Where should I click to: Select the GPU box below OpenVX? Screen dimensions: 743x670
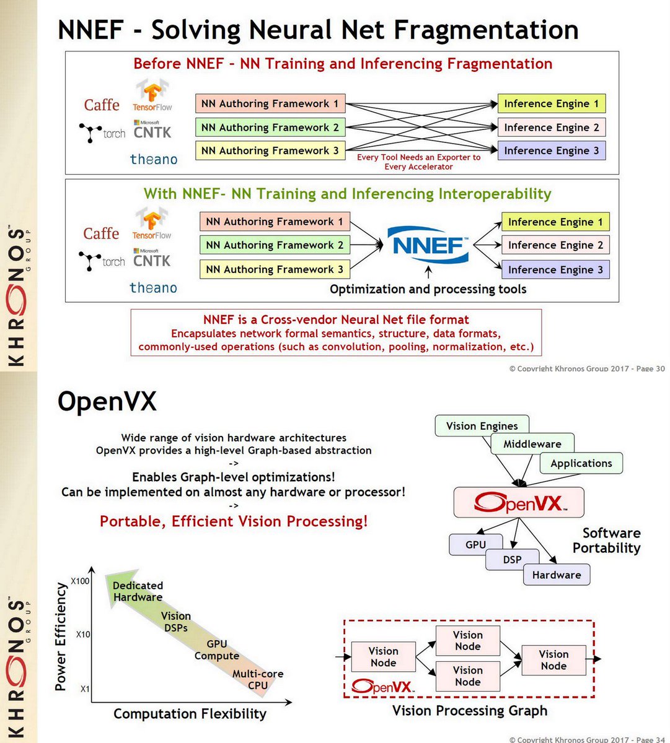(x=475, y=545)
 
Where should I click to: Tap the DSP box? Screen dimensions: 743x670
(x=512, y=560)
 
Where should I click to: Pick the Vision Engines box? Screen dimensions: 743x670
(x=482, y=426)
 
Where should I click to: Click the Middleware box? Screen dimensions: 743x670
(x=532, y=444)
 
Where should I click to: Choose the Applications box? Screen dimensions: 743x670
(x=581, y=463)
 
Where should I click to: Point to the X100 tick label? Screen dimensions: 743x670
(x=80, y=581)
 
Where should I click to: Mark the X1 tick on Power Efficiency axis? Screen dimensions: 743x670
(x=85, y=689)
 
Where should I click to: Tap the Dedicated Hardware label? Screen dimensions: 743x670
(x=138, y=591)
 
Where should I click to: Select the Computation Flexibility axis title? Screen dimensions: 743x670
(x=190, y=714)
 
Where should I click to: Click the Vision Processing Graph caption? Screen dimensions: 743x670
(x=470, y=711)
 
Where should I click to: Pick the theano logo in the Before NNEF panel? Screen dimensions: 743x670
(x=153, y=159)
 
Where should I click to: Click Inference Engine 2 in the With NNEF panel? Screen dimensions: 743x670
(x=555, y=245)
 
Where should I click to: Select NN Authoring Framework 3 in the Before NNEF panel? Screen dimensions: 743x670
(x=270, y=150)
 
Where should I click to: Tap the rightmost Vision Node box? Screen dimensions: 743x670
(x=553, y=660)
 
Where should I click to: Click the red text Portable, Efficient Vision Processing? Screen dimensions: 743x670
(x=234, y=521)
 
